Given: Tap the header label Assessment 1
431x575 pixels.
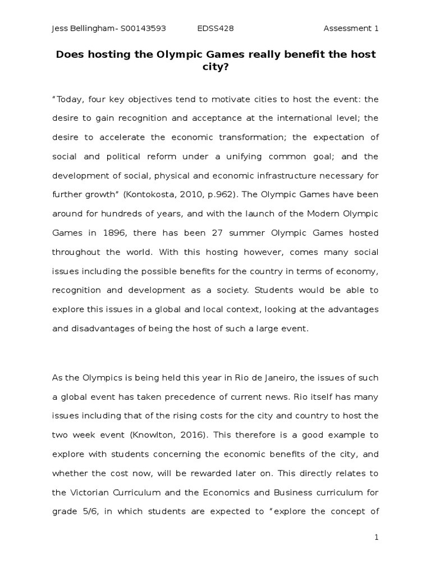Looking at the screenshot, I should pos(351,29).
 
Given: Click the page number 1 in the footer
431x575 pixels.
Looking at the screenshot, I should pos(377,538).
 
